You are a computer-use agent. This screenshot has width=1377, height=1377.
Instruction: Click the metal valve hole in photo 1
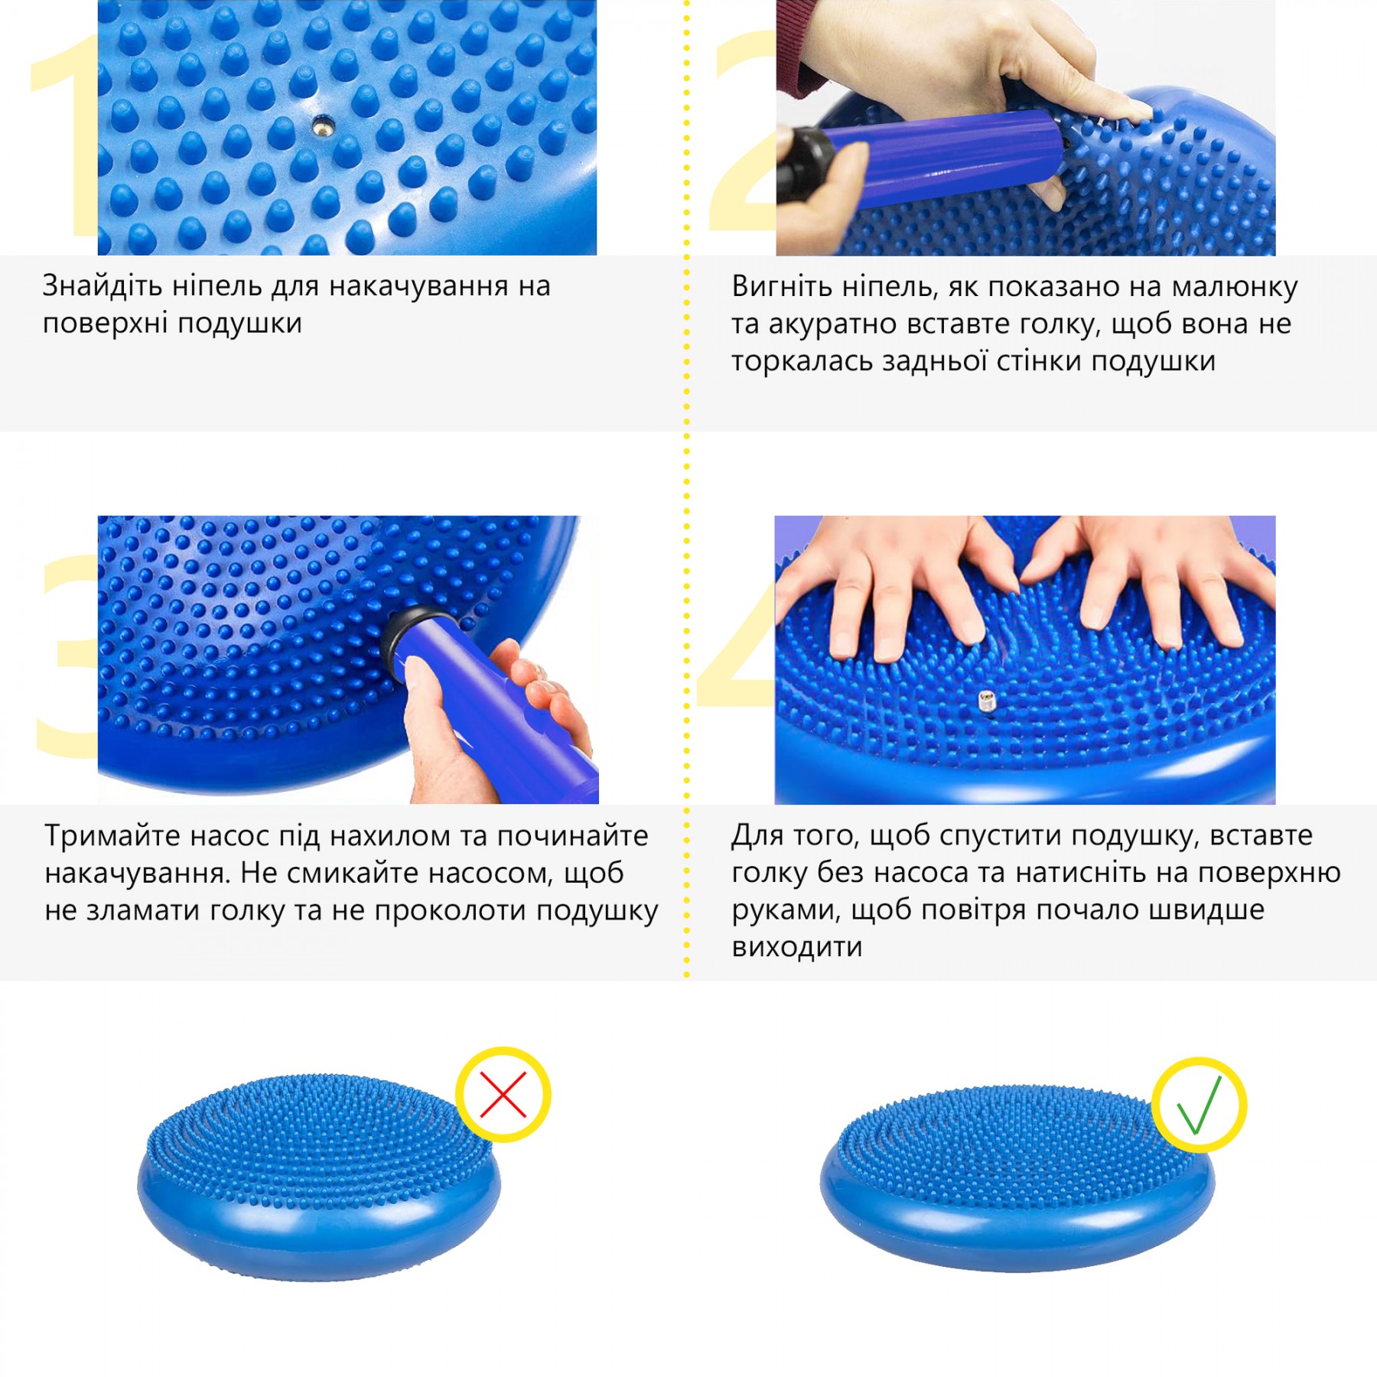point(322,125)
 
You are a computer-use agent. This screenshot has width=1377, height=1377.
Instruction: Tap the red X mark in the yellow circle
point(503,1095)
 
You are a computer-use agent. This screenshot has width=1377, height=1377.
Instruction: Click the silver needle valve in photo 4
point(986,702)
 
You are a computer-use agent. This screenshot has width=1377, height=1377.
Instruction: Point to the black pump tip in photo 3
point(405,643)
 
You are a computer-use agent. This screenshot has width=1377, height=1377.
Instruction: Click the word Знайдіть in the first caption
point(103,285)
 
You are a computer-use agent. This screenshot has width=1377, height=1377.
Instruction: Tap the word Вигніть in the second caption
point(781,285)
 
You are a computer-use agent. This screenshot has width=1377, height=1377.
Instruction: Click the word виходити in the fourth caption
point(797,948)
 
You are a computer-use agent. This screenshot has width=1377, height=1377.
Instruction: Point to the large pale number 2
point(742,130)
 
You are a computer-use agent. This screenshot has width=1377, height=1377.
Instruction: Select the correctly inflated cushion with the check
point(1017,1178)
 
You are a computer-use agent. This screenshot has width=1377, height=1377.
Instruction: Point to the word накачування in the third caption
point(138,874)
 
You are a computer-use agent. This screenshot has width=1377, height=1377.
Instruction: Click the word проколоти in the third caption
point(449,911)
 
